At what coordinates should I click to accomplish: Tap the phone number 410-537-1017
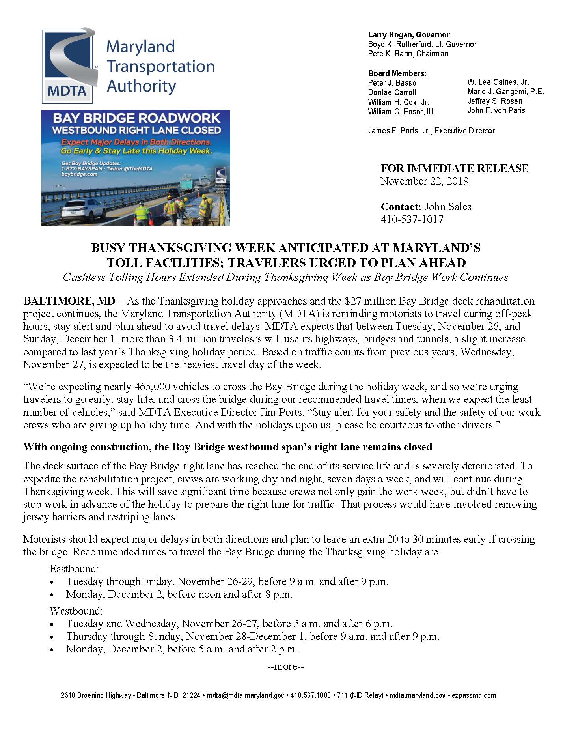click(x=412, y=219)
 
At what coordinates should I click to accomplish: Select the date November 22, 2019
click(x=424, y=181)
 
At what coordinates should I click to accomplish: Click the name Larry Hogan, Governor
click(x=409, y=35)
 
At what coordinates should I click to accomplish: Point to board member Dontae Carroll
click(x=392, y=92)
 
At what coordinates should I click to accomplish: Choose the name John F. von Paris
click(x=496, y=110)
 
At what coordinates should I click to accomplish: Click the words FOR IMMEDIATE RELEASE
click(x=454, y=168)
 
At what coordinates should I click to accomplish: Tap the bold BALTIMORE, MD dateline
click(x=69, y=301)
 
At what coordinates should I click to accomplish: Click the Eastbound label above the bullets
click(x=74, y=569)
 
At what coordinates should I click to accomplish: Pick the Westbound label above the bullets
click(x=76, y=611)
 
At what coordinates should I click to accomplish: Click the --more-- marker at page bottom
click(x=286, y=667)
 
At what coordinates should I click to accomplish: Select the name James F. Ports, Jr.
click(x=400, y=131)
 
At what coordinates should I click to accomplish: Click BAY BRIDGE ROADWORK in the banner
click(x=136, y=119)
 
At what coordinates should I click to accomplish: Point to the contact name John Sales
click(x=448, y=207)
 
